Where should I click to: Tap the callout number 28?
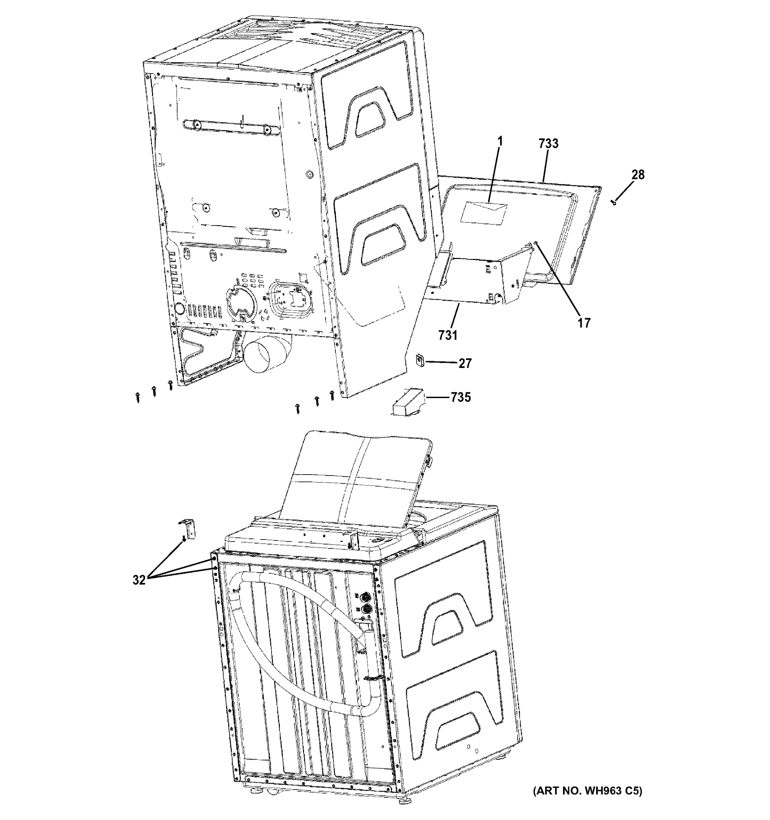pyautogui.click(x=637, y=175)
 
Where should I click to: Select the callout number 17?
pyautogui.click(x=583, y=323)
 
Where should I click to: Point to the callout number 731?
pyautogui.click(x=448, y=335)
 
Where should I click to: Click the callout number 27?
pyautogui.click(x=465, y=364)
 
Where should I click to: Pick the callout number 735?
pyautogui.click(x=460, y=397)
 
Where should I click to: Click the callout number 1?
pyautogui.click(x=500, y=142)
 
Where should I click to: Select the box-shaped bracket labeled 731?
pyautogui.click(x=478, y=281)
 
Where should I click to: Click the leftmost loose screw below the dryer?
pyautogui.click(x=138, y=397)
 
